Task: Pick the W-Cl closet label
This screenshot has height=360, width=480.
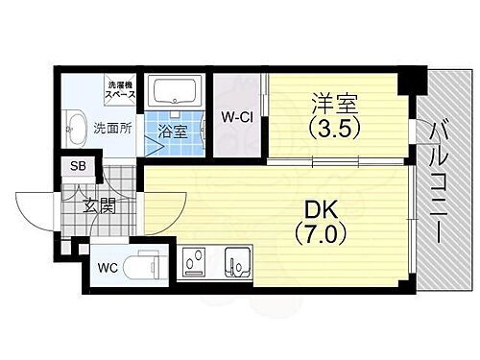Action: coord(236,118)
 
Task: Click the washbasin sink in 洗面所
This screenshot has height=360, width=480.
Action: coord(74,123)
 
